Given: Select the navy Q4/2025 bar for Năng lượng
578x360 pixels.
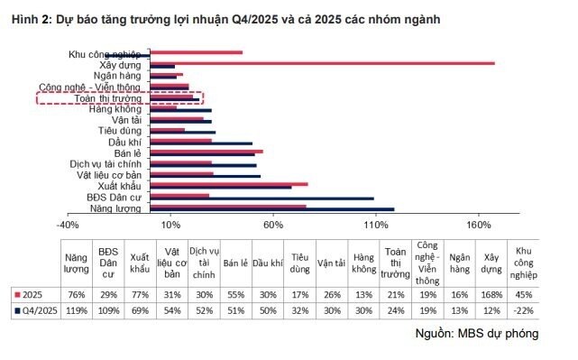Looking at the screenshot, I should pos(271,209).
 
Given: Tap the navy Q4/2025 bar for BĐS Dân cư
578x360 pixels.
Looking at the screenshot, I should pos(261,198).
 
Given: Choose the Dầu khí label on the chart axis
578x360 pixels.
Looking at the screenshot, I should pos(124,143).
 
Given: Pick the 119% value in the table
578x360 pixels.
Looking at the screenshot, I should pos(77,309).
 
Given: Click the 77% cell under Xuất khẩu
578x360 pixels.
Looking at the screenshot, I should pos(140,294).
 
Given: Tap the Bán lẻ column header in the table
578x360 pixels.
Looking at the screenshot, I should pos(235,263).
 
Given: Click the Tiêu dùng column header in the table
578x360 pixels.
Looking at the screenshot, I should pos(301,263).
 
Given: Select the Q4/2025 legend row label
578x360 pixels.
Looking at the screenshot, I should pos(39,309).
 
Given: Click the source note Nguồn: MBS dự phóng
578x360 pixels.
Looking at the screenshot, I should pos(477,334).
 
